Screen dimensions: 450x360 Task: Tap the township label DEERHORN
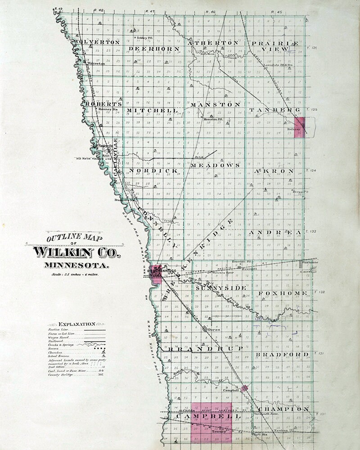pos(154,48)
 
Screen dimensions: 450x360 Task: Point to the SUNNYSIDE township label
pos(221,288)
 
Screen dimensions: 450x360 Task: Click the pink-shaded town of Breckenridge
pos(155,274)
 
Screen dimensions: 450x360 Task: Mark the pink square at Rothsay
pos(300,124)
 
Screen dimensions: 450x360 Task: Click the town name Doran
pos(214,330)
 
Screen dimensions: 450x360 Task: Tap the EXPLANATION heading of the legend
pos(76,324)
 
